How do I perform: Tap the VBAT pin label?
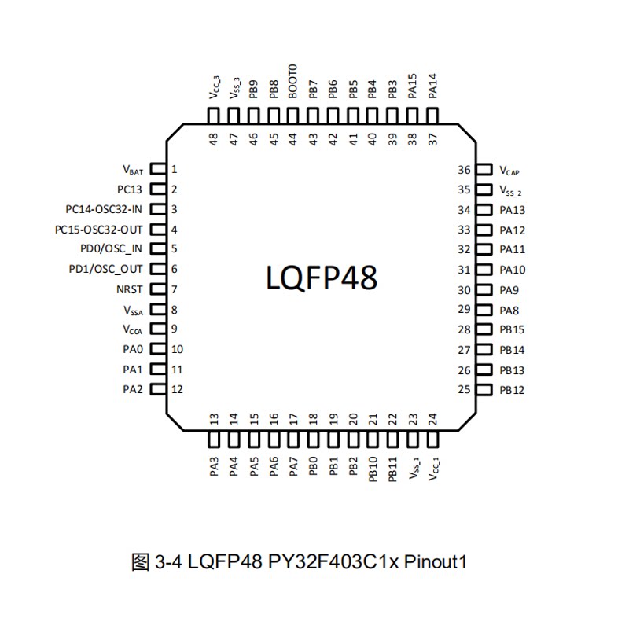(x=133, y=169)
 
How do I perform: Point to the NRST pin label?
(x=129, y=289)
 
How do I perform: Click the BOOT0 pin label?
(x=292, y=81)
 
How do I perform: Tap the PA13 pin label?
(x=512, y=210)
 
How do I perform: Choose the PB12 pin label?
(x=512, y=390)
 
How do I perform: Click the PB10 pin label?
(x=373, y=471)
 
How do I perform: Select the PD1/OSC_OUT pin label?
(x=106, y=270)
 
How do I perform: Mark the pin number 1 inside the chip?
(x=175, y=169)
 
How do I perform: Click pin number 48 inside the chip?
(x=213, y=139)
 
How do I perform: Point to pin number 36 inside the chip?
(x=464, y=170)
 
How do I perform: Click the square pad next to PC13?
(x=156, y=189)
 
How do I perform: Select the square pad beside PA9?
(x=483, y=290)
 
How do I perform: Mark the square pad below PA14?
(x=432, y=116)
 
